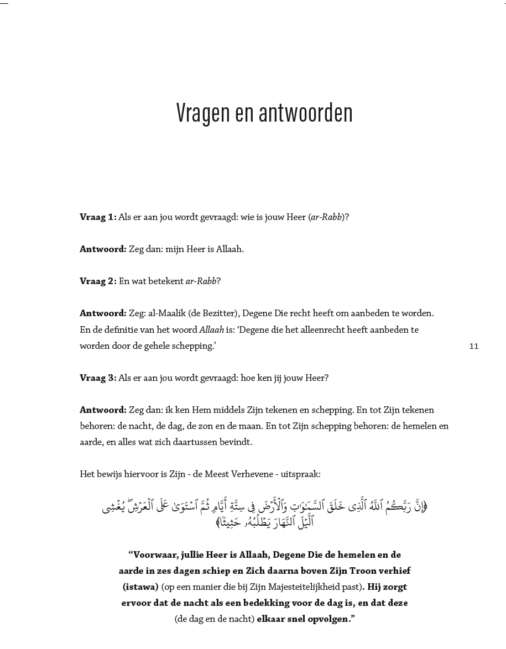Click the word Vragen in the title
tap(202, 113)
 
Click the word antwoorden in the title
tap(298, 113)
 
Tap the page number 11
tap(473, 346)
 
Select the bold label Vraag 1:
tap(98, 217)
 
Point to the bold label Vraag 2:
tap(98, 281)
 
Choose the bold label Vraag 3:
tap(98, 378)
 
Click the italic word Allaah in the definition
tap(211, 329)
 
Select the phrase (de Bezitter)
tap(213, 313)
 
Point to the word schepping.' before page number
tap(194, 346)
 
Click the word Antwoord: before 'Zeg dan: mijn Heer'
tap(103, 249)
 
